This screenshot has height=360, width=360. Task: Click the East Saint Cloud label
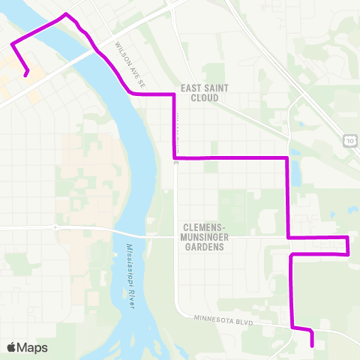199,92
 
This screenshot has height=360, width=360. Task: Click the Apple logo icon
12,347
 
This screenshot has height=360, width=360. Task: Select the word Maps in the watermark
33,347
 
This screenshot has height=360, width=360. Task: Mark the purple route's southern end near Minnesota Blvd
312,346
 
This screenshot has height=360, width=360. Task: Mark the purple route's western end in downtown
26,74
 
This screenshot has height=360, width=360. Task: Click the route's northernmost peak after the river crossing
67,13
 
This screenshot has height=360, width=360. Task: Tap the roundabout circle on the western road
55,226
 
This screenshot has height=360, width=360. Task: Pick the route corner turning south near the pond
288,158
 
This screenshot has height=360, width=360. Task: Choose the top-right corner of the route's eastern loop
347,238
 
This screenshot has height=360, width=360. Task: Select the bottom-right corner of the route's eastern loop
347,254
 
